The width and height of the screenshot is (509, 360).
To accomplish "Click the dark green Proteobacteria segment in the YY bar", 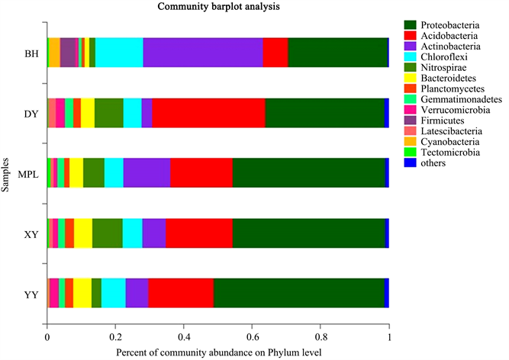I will point(298,293).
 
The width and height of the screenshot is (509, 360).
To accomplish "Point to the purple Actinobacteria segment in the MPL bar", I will point(147,172).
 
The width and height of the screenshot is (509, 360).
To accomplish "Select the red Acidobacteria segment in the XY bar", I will point(198,233).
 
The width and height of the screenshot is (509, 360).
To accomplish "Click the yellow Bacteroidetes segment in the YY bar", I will point(82,293).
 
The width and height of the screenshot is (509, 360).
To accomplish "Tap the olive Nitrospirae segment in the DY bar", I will point(109,112).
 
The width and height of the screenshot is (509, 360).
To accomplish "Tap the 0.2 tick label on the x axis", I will point(115,333).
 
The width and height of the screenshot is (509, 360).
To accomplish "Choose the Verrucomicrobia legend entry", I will point(447,110).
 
